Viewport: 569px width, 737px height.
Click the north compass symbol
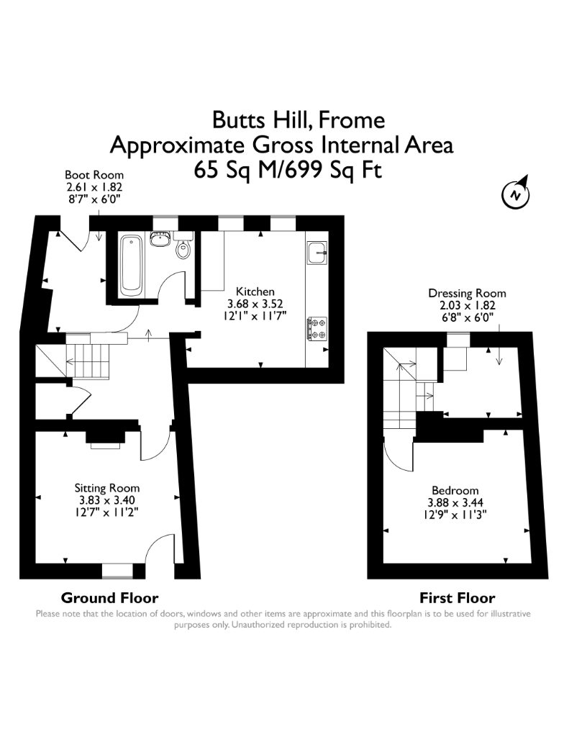pyautogui.click(x=516, y=193)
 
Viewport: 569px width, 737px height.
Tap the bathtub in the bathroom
pyautogui.click(x=131, y=266)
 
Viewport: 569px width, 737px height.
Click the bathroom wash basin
pyautogui.click(x=160, y=239)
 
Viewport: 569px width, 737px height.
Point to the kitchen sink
pyautogui.click(x=318, y=253)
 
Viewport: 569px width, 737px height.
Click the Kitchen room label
pyautogui.click(x=255, y=291)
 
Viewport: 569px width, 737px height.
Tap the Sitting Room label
pyautogui.click(x=107, y=488)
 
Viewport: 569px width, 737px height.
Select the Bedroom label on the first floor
pyautogui.click(x=455, y=490)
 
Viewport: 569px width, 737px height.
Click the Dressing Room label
pyautogui.click(x=467, y=294)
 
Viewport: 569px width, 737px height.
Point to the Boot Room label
pyautogui.click(x=94, y=176)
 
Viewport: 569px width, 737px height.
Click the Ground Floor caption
pyautogui.click(x=109, y=598)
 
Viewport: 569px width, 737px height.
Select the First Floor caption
pyautogui.click(x=458, y=598)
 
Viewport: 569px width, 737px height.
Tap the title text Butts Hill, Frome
pyautogui.click(x=299, y=120)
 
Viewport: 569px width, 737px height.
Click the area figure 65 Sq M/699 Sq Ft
pyautogui.click(x=288, y=170)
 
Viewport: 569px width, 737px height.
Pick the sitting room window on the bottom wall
pyautogui.click(x=117, y=571)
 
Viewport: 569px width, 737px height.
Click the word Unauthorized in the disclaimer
pyautogui.click(x=258, y=625)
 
